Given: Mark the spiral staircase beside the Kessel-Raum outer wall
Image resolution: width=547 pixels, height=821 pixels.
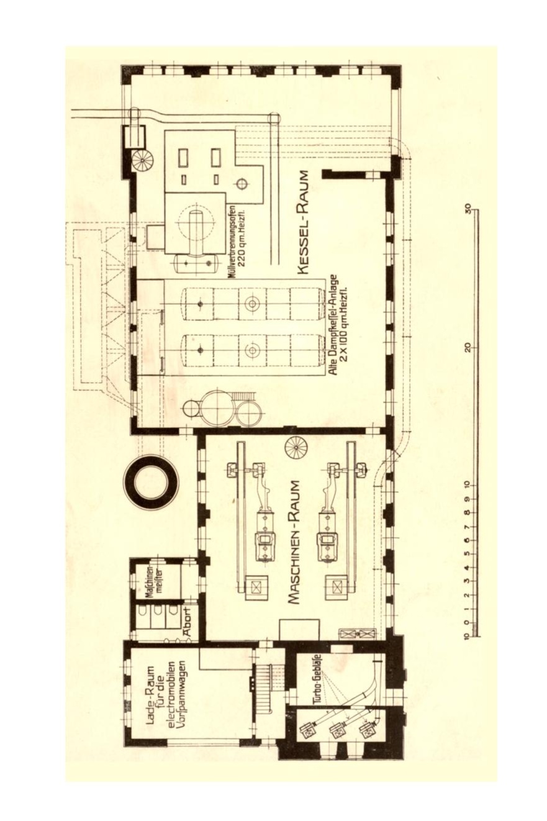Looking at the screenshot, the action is [x=143, y=160].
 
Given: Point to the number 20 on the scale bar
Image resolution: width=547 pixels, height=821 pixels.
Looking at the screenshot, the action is [x=468, y=347].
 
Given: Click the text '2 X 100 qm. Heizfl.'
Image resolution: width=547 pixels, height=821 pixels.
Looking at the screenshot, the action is [x=343, y=323].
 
